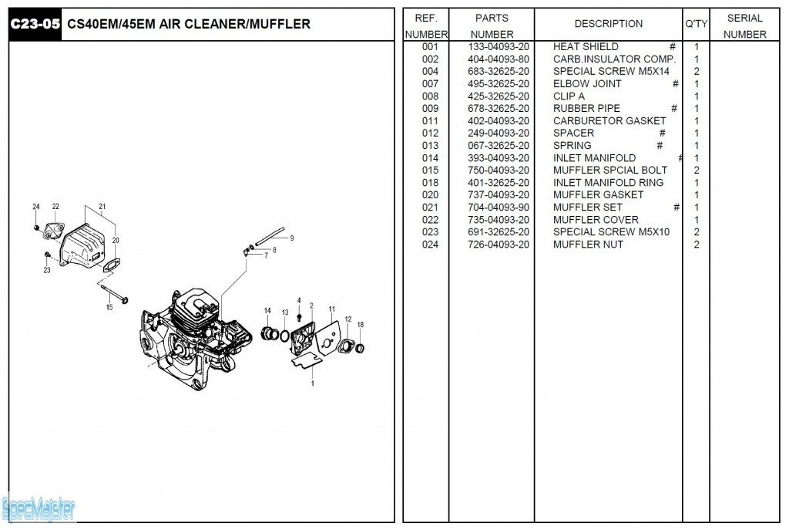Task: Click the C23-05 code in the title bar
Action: tap(35, 25)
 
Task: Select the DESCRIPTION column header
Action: tap(608, 24)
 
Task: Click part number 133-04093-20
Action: tap(499, 47)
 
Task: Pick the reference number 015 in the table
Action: tap(430, 170)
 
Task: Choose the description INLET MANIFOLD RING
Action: tap(608, 183)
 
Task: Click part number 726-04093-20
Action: tap(499, 245)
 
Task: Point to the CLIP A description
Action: tap(569, 96)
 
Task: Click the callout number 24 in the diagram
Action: tap(35, 207)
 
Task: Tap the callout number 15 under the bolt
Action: tap(109, 308)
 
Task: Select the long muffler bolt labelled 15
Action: tap(113, 294)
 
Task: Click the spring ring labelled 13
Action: tap(285, 336)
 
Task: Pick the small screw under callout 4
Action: tap(299, 318)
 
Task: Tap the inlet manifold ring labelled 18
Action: tap(361, 348)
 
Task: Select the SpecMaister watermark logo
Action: tap(39, 508)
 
